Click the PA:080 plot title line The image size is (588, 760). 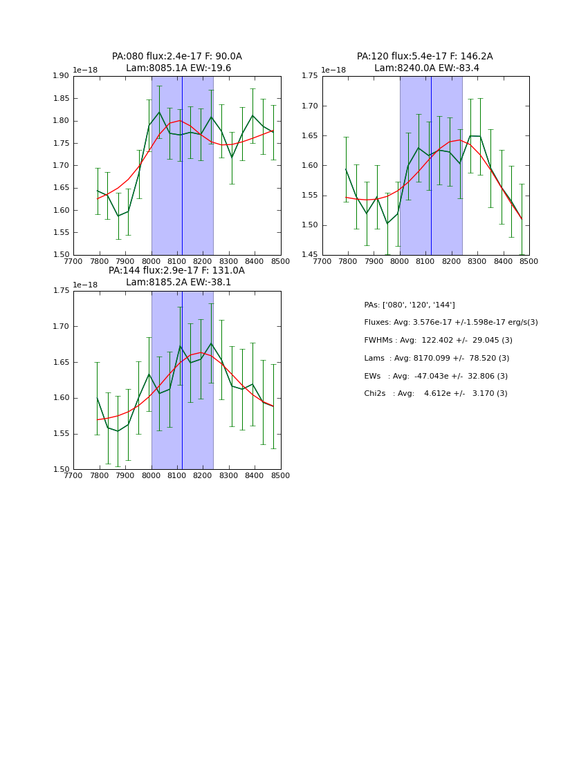[177, 57]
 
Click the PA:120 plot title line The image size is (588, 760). [425, 57]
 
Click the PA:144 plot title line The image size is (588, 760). [176, 271]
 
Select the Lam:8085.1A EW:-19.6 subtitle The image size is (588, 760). [178, 68]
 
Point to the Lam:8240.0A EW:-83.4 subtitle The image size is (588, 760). [427, 68]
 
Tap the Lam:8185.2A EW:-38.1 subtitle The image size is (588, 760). [178, 283]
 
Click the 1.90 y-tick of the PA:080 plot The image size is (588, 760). [62, 76]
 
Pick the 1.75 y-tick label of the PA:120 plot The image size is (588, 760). [310, 76]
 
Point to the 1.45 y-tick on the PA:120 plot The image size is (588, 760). [310, 255]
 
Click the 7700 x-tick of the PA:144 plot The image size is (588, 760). [74, 475]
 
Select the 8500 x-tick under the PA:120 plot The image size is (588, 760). [529, 261]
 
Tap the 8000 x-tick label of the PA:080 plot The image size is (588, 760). [151, 261]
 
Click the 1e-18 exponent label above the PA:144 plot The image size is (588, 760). [85, 285]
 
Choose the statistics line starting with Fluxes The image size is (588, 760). [450, 323]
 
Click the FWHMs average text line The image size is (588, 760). [438, 341]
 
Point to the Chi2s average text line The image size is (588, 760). [435, 394]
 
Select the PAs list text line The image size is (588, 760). [409, 305]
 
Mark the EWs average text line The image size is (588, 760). [435, 377]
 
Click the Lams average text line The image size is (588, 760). [437, 359]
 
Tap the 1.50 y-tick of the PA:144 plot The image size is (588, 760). [62, 470]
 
